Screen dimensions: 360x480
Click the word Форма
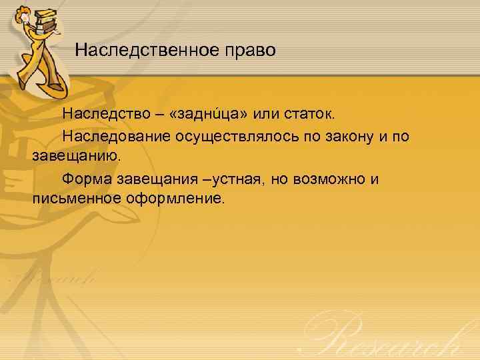86,179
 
